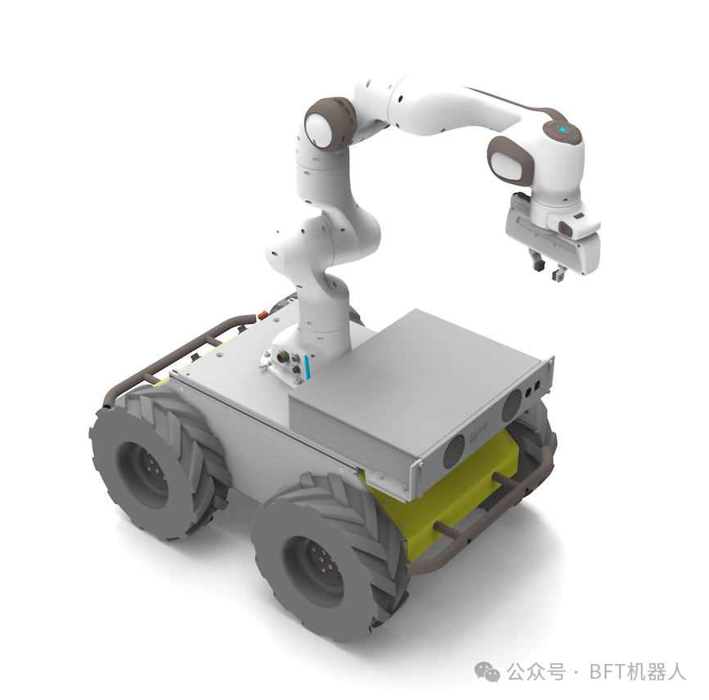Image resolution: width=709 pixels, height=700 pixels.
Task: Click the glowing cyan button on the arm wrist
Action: point(563,130)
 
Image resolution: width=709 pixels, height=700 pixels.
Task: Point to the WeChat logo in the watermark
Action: point(487,671)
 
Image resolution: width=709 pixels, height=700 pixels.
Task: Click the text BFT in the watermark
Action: point(608,671)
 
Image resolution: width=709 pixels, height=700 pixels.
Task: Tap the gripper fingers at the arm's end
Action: point(546,266)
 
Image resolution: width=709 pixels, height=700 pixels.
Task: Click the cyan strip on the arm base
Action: point(307,366)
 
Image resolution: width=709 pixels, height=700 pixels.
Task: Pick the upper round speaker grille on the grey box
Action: point(512,405)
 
